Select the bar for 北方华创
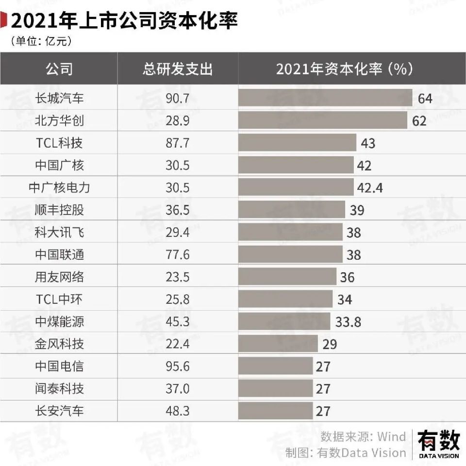tap(323, 120)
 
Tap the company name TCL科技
tap(59, 143)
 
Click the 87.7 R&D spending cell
tap(178, 143)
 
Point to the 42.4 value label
tap(370, 187)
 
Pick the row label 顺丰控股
tap(59, 210)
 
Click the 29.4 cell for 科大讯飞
tap(178, 233)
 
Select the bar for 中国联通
tap(290, 254)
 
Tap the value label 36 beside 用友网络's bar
tap(347, 277)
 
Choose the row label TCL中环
tap(59, 300)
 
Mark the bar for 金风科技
tap(278, 344)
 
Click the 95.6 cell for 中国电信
tap(178, 366)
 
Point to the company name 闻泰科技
tap(59, 389)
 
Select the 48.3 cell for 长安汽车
tap(178, 411)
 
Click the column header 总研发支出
tap(178, 69)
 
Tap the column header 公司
tap(59, 69)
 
